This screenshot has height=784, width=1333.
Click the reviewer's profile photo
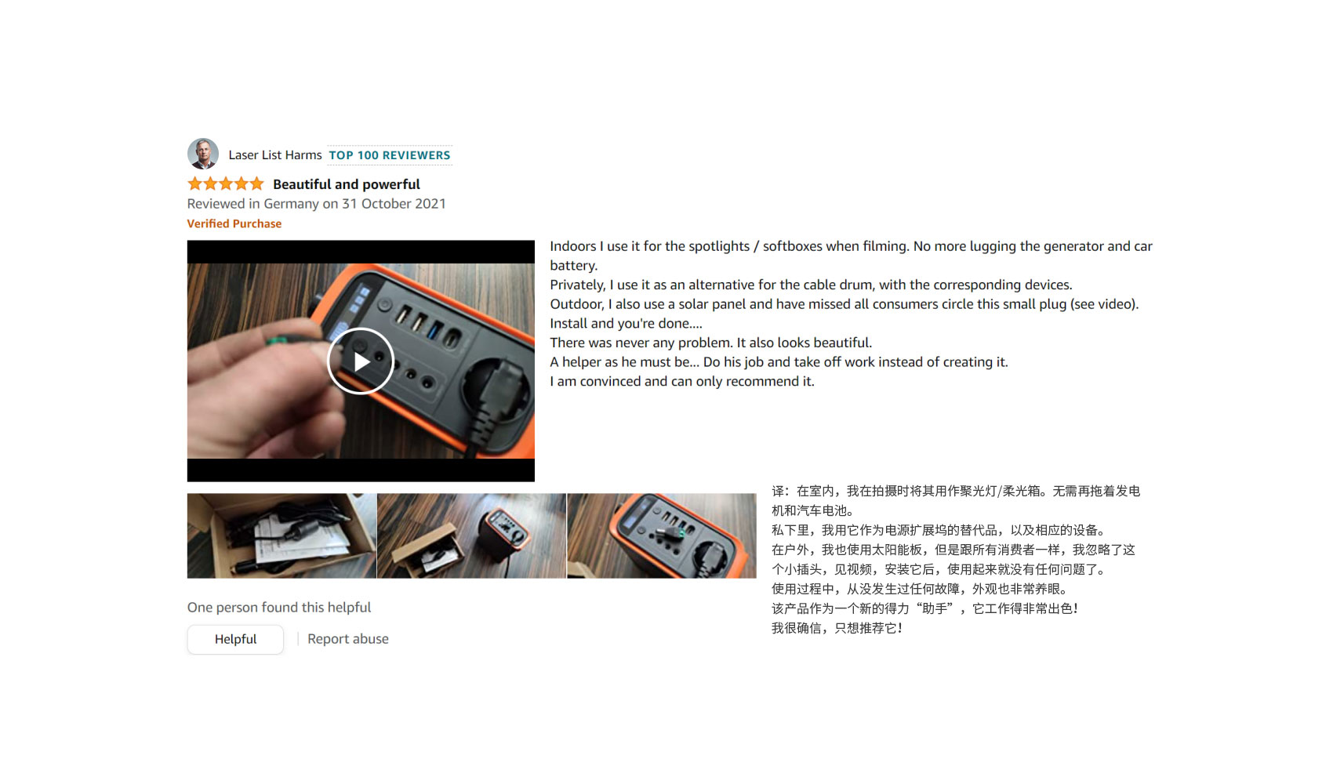(x=203, y=154)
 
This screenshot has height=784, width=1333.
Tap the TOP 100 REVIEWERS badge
(x=390, y=155)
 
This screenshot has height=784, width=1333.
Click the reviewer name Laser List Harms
(x=275, y=155)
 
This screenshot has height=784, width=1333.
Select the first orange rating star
(x=194, y=183)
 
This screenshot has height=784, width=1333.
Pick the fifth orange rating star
(x=256, y=183)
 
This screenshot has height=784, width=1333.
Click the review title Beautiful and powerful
(x=347, y=184)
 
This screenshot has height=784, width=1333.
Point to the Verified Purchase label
(x=234, y=223)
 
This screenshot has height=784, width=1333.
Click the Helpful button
(x=236, y=639)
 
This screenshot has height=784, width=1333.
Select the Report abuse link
(x=348, y=639)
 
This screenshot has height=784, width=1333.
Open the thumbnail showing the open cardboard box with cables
(x=281, y=535)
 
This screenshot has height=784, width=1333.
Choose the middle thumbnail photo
(x=471, y=535)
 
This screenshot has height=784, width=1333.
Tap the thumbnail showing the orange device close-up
(x=662, y=535)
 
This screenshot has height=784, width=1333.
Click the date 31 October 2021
(x=394, y=203)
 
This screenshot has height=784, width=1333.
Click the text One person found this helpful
(x=279, y=608)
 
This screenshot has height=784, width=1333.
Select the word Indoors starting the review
(x=573, y=246)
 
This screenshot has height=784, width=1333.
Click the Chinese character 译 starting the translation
(x=779, y=491)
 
